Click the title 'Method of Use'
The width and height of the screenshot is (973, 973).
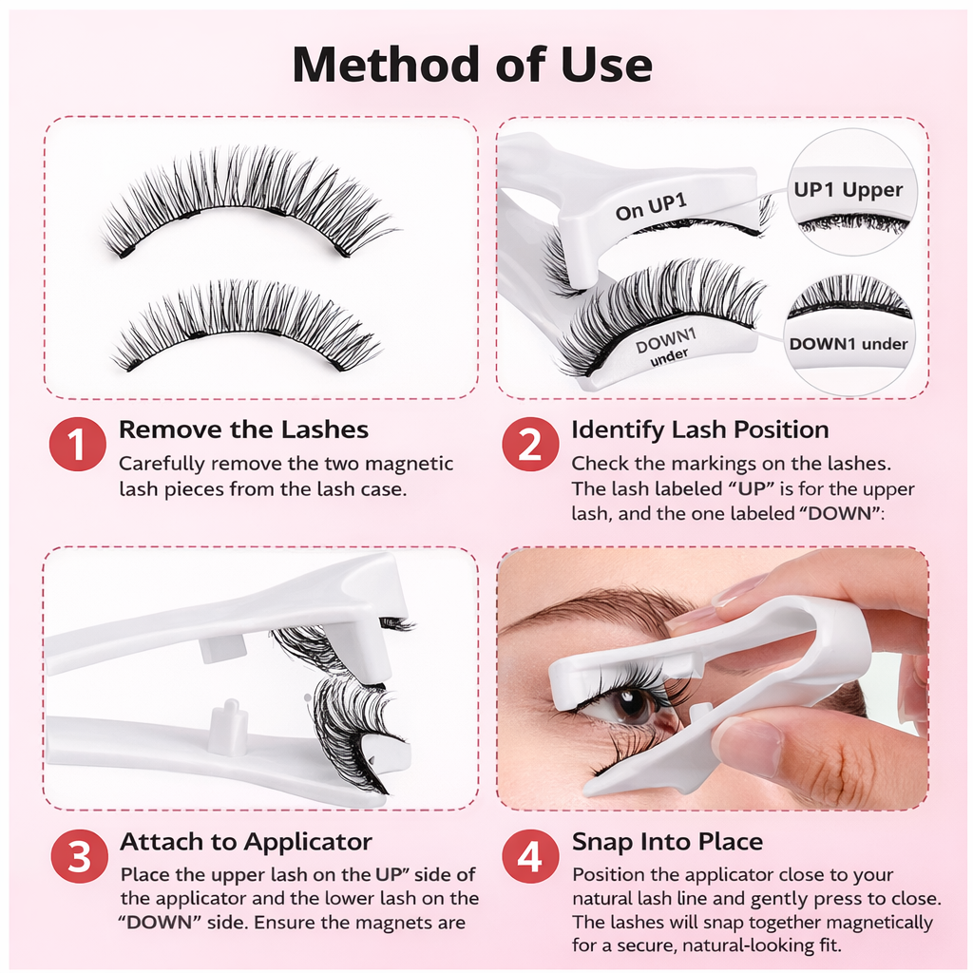472,65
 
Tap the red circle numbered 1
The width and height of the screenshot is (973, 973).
78,444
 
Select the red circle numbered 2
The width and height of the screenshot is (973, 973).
530,444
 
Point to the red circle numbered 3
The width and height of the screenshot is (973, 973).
80,857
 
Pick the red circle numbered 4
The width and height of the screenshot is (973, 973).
530,857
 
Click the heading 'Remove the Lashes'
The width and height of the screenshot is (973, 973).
243,429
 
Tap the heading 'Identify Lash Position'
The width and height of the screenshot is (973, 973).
700,429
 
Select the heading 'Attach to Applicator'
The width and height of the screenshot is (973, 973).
246,842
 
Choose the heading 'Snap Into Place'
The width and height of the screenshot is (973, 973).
667,842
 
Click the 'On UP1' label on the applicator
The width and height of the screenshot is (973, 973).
651,206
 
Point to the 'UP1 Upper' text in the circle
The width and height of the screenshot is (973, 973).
849,190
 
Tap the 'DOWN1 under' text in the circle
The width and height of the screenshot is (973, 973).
849,344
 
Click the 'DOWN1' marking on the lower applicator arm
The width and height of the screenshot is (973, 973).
666,340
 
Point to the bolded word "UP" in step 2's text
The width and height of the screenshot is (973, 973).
753,489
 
